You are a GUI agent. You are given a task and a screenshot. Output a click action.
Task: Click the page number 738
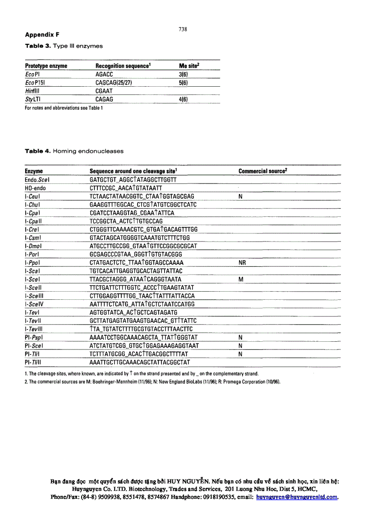click(x=183, y=29)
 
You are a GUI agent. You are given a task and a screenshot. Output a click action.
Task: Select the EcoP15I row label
click(x=36, y=83)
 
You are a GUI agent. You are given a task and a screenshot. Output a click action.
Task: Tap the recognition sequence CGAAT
click(x=104, y=91)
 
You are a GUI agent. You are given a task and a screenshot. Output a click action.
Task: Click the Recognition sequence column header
click(x=123, y=66)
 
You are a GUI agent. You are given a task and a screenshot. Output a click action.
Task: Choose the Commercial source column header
click(x=263, y=171)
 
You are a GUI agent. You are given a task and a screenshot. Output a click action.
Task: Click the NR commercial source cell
click(x=242, y=262)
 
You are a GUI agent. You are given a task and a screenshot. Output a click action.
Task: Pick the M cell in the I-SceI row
click(x=241, y=279)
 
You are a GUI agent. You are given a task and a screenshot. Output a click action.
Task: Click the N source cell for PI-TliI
click(x=240, y=354)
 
